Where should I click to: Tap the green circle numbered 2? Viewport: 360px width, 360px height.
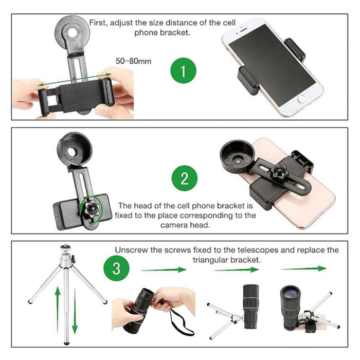point(185,179)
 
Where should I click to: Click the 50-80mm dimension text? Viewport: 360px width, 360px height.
point(134,61)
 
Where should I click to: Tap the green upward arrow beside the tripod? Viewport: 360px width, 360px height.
point(58,308)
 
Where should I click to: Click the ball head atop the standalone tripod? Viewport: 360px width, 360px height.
point(65,248)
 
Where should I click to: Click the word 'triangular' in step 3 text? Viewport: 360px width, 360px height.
point(211,260)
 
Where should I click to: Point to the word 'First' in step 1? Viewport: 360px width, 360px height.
point(99,23)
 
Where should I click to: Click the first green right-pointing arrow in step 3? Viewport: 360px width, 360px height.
point(163,268)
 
